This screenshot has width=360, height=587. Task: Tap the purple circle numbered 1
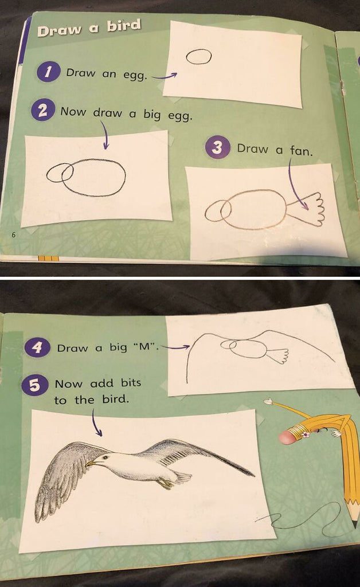pos(49,73)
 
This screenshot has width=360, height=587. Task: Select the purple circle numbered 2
pos(42,111)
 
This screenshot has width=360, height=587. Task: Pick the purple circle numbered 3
pos(217,148)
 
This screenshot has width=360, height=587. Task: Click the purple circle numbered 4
pos(37,347)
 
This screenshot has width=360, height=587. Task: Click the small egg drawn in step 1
pos(198,56)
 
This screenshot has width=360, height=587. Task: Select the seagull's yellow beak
pos(91,462)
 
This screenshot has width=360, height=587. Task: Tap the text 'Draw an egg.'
pos(107,74)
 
